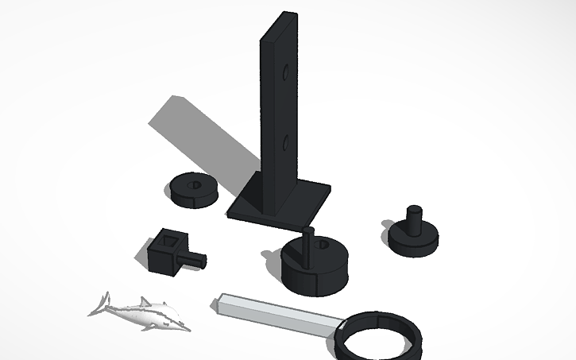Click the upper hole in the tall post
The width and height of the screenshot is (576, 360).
pos(285,72)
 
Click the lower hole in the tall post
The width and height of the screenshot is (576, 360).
pos(284,143)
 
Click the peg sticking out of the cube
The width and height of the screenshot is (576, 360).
pos(195,259)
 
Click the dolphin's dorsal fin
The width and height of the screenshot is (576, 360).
pos(144,300)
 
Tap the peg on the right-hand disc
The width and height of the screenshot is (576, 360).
pos(413,219)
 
